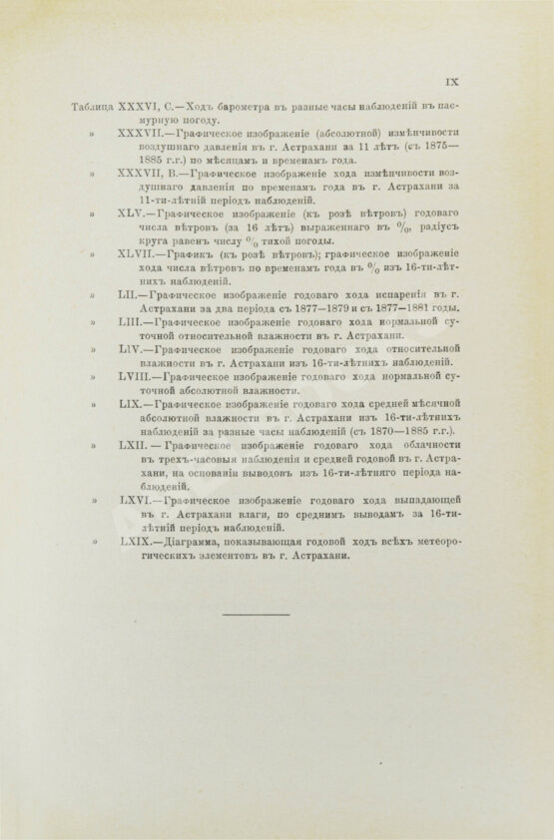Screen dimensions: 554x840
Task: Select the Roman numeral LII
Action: click(x=131, y=296)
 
